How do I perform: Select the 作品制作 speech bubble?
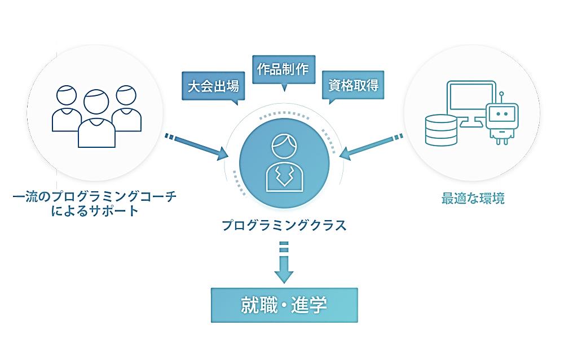coord(283,69)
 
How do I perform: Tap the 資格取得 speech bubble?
coord(353,86)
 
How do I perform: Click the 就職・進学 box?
coord(284,305)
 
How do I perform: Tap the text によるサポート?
coord(94,212)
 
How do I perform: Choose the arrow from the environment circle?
coord(372,146)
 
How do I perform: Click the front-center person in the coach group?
coord(96,118)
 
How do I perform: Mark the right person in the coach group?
coord(126,107)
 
